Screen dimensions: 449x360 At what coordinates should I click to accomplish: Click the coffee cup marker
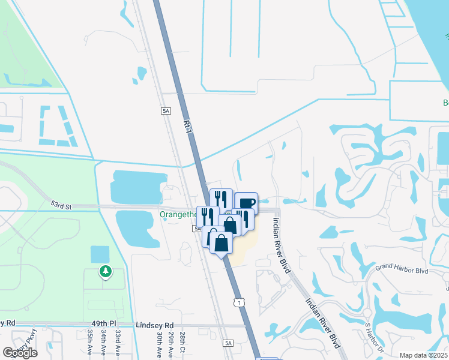coord(246,202)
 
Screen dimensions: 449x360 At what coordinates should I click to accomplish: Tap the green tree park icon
coord(106,272)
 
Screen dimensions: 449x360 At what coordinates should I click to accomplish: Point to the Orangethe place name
coord(178,214)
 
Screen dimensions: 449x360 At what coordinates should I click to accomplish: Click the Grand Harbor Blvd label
coord(402,270)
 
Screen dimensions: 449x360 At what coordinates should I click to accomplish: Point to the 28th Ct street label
coord(182,340)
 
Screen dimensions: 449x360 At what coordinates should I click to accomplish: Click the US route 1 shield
coord(240,303)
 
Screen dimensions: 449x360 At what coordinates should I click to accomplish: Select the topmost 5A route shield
coord(166,111)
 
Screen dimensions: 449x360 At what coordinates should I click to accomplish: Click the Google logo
coord(20,352)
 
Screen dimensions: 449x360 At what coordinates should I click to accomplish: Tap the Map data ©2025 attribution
coord(423,355)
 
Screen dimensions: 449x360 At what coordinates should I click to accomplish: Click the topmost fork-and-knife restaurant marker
coord(221,198)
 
